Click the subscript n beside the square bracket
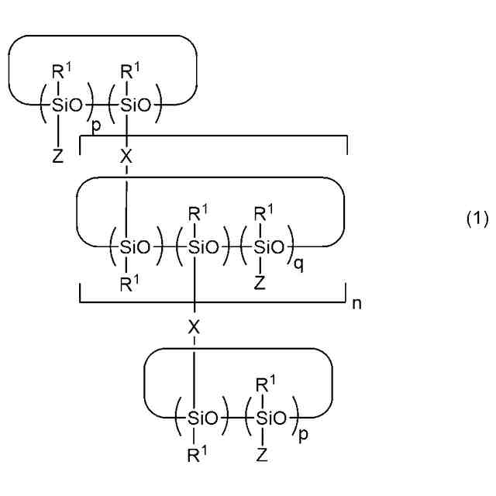(x=356, y=304)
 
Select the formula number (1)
(x=477, y=219)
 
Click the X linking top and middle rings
(x=126, y=157)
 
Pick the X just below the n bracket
(x=194, y=327)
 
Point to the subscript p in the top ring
(x=96, y=126)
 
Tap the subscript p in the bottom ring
(x=303, y=434)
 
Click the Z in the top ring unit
(x=58, y=157)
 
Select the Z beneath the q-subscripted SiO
(x=260, y=283)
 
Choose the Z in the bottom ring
(x=262, y=455)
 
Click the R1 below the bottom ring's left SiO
(x=197, y=454)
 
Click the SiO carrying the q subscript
(x=269, y=247)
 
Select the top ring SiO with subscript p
(x=67, y=105)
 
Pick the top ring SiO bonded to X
(x=136, y=105)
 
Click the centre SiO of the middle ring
(x=203, y=247)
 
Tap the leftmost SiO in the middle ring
(x=135, y=247)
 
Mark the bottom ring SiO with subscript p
(x=271, y=418)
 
